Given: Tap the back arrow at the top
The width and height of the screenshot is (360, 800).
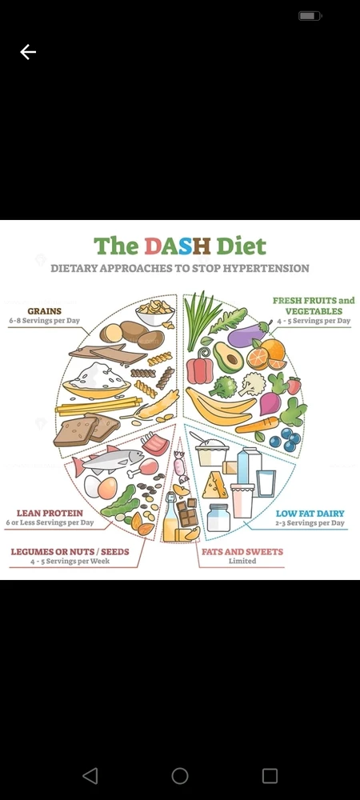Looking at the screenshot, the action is (28, 51).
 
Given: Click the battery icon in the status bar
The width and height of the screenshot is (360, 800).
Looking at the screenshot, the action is (310, 16).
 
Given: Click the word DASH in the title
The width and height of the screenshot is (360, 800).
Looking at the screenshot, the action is (178, 246).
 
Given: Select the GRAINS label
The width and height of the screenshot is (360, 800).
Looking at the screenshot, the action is (44, 310).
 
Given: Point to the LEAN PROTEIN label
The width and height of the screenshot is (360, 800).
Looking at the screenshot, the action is (50, 514).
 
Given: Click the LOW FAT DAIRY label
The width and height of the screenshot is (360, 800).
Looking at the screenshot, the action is (310, 514).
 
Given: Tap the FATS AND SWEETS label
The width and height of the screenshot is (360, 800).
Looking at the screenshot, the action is (242, 551).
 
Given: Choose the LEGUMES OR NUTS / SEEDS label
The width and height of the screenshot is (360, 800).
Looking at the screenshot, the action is (70, 551).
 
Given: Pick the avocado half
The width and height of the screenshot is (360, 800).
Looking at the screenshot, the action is (228, 357).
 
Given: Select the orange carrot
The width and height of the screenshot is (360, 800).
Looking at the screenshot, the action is (258, 425).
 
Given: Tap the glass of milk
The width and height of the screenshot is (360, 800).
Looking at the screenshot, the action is (266, 483).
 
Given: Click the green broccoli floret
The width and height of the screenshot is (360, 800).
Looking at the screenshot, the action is (223, 386).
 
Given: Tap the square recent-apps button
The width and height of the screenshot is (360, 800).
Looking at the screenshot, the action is (270, 776).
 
